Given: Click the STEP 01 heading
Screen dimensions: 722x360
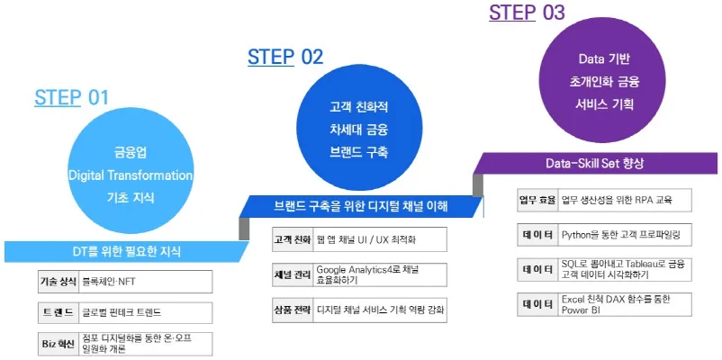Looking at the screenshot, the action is tap(71, 97).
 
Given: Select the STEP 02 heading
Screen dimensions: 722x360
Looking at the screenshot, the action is tap(284, 57).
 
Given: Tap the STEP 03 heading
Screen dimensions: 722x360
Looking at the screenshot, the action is tap(527, 13).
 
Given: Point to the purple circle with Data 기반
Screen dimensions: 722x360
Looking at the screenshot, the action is tap(603, 82).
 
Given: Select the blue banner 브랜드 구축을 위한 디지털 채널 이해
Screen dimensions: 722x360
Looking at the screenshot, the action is tap(360, 206).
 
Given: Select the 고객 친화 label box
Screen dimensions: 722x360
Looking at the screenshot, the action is tap(291, 239).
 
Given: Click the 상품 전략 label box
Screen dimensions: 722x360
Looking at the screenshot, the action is tap(291, 309).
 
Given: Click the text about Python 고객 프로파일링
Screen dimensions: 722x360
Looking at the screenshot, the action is tap(621, 235).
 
